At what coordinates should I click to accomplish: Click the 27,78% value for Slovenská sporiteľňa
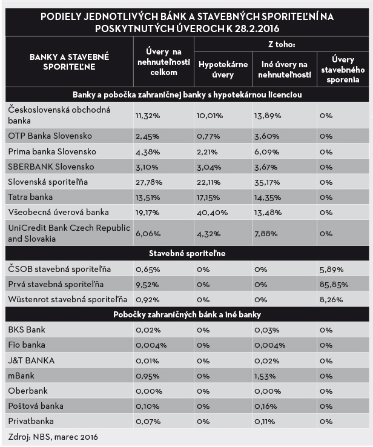click(x=147, y=182)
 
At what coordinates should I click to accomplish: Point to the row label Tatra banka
click(x=30, y=197)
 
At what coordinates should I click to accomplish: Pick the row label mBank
click(x=22, y=376)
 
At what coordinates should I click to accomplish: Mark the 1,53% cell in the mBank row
click(x=265, y=376)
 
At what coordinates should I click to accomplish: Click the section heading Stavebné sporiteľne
click(x=187, y=253)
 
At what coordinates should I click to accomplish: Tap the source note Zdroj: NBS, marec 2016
click(x=53, y=436)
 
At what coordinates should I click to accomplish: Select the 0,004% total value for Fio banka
click(x=148, y=345)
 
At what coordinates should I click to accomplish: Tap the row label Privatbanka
click(x=31, y=420)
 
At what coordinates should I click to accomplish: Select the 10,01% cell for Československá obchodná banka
click(x=209, y=114)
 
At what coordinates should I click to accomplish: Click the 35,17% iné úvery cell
click(x=267, y=182)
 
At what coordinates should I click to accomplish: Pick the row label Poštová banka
click(x=36, y=406)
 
